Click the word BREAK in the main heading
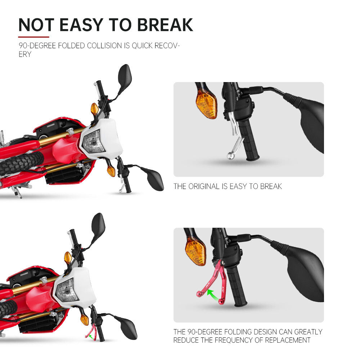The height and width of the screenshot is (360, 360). click(165, 25)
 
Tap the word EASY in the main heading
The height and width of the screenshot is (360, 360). click(81, 25)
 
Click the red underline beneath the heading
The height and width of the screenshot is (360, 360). click(34, 37)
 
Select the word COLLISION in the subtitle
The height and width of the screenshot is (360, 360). click(104, 45)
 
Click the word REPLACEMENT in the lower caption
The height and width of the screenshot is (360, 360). click(288, 340)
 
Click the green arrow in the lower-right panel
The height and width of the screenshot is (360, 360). click(213, 294)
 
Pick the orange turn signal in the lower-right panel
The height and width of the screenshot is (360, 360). click(195, 251)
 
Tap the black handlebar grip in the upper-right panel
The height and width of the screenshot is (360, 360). click(248, 140)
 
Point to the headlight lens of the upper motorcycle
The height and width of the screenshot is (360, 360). click(94, 142)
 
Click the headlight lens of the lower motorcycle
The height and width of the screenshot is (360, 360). click(67, 290)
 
